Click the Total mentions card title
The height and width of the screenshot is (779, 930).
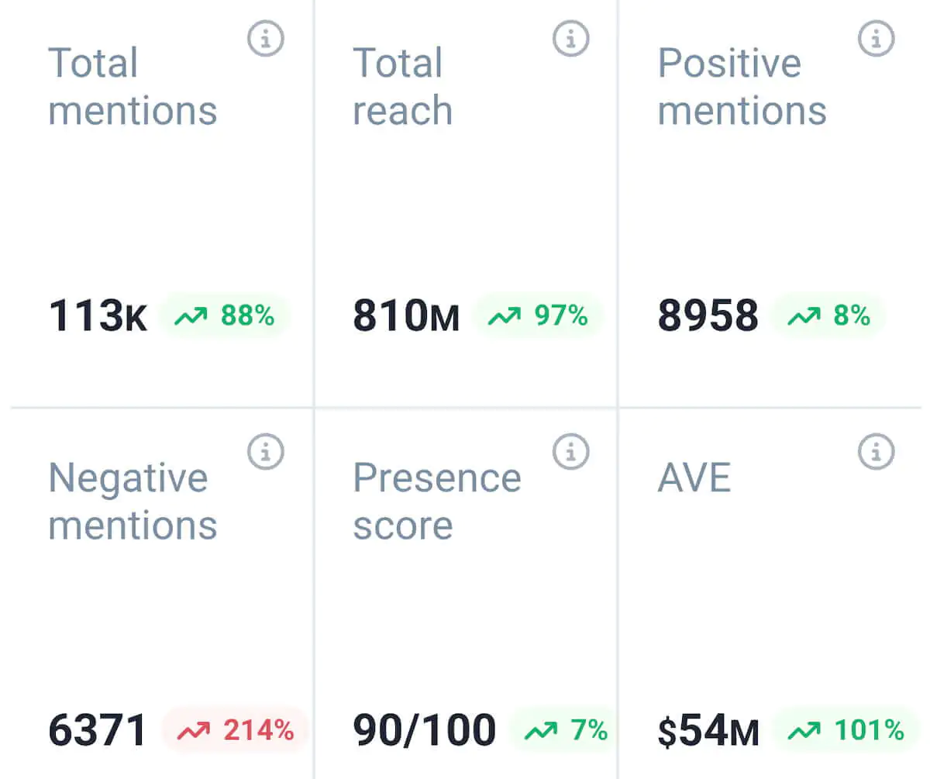(132, 86)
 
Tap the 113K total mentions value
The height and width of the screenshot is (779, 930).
(98, 316)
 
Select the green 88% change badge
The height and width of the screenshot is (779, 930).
(225, 316)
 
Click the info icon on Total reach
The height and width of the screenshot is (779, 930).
(571, 37)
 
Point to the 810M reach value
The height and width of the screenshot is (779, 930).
(405, 316)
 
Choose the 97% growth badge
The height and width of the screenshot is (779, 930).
(537, 316)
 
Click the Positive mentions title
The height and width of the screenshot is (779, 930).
(742, 86)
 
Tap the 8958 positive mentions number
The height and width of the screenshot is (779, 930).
(708, 316)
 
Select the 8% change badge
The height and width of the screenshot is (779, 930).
(828, 316)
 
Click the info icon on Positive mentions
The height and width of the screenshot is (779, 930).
(877, 37)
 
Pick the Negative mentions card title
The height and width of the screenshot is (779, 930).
(132, 502)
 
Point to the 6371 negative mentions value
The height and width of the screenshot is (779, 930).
(98, 730)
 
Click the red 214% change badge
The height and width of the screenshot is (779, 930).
(236, 730)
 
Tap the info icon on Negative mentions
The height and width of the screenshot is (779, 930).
(266, 451)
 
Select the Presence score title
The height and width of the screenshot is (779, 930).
(436, 502)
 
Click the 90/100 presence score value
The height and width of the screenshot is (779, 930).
(424, 730)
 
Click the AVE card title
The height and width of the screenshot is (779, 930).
(694, 478)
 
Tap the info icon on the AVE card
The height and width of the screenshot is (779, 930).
(877, 451)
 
